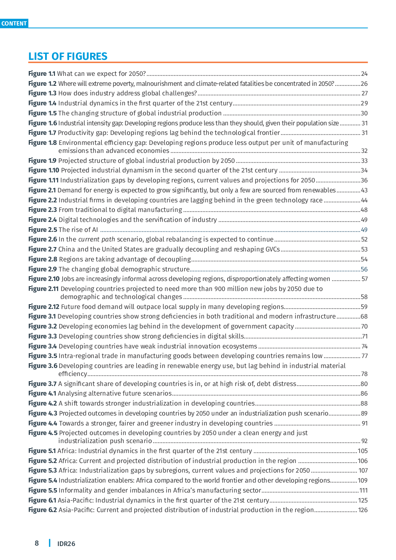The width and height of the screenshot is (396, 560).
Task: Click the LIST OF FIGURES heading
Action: pyautogui.click(x=68, y=56)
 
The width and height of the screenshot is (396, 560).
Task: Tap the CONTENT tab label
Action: pyautogui.click(x=14, y=24)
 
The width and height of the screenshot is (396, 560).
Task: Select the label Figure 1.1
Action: pyautogui.click(x=42, y=74)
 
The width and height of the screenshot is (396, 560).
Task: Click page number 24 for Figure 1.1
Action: pyautogui.click(x=364, y=74)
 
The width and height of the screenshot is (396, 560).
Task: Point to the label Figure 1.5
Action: pyautogui.click(x=42, y=113)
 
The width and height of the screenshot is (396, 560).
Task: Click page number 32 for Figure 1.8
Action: pyautogui.click(x=364, y=151)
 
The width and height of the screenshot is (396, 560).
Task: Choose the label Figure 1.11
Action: pyautogui.click(x=44, y=180)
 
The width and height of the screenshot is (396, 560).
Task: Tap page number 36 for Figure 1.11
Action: pyautogui.click(x=364, y=180)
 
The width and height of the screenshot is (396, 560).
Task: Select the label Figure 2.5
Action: pyautogui.click(x=43, y=230)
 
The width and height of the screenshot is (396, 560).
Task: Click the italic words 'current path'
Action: pyautogui.click(x=97, y=239)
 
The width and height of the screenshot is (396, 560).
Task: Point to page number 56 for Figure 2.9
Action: pyautogui.click(x=364, y=269)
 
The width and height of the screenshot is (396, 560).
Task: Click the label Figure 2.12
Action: pyautogui.click(x=44, y=307)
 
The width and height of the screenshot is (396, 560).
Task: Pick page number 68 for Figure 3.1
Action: pyautogui.click(x=364, y=317)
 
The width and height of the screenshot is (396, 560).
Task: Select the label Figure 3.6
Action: pyautogui.click(x=43, y=366)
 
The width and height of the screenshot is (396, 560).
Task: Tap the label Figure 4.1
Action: pyautogui.click(x=42, y=394)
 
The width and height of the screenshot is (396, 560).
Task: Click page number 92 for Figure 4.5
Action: pyautogui.click(x=364, y=441)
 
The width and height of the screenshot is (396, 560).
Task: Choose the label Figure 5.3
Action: pyautogui.click(x=43, y=471)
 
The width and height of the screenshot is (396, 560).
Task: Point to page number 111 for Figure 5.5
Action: pyautogui.click(x=363, y=491)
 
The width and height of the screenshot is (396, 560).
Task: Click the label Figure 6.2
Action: pyautogui.click(x=43, y=510)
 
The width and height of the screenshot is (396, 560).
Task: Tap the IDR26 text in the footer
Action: pyautogui.click(x=66, y=544)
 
